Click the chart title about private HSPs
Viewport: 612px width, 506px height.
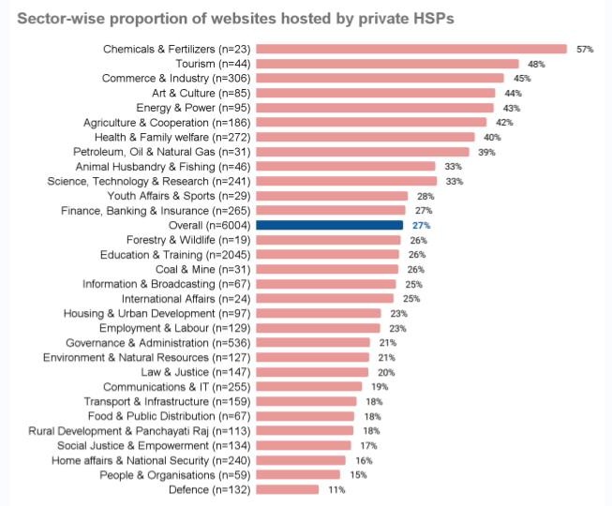236,18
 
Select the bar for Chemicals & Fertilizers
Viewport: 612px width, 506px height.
410,49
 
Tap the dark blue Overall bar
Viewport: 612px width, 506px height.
329,225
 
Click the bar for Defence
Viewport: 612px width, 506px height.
287,489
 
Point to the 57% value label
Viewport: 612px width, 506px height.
586,49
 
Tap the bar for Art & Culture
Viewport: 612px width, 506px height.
375,93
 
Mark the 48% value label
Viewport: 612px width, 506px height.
537,64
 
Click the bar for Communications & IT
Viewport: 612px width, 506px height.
308,386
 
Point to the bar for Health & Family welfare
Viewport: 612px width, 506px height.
366,137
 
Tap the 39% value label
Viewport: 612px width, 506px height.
486,152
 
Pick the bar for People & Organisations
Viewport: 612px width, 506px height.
300,474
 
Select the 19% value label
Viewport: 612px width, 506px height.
379,386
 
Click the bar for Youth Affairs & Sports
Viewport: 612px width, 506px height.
331,196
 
